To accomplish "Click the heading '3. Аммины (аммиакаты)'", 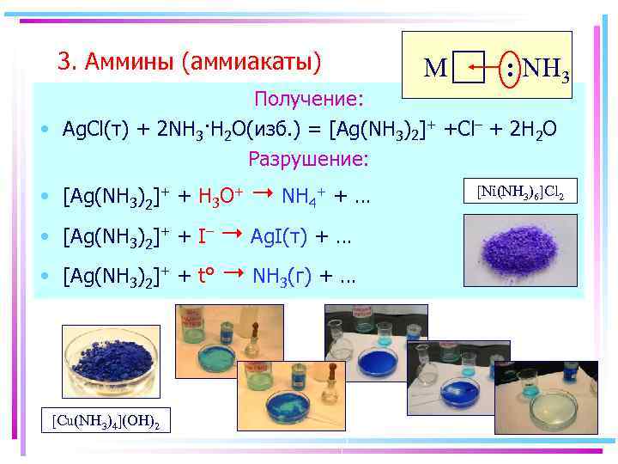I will click(x=189, y=62).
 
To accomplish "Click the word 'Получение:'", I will click(x=308, y=97).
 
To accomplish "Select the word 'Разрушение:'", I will click(x=308, y=159).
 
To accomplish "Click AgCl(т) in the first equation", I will click(x=95, y=129).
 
